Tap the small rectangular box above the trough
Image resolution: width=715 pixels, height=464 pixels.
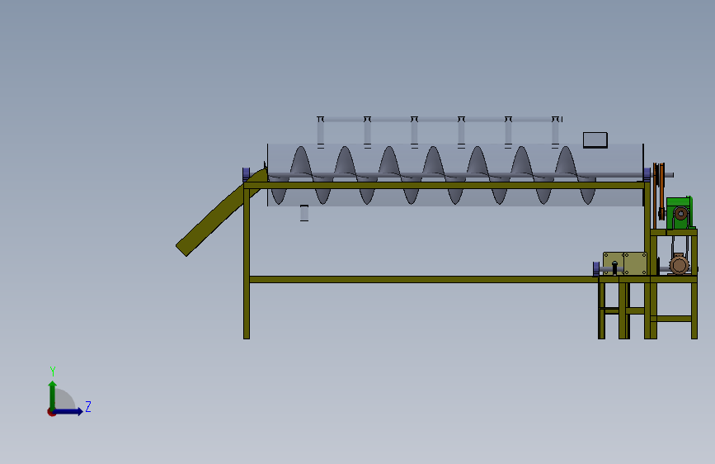click(595, 140)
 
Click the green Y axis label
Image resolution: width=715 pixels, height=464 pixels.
click(52, 372)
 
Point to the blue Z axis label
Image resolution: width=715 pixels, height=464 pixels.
click(88, 406)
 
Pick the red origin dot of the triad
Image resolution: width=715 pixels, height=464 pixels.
click(52, 411)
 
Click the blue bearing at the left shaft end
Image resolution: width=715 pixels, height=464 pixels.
click(246, 173)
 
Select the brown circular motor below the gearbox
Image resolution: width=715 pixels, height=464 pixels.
click(679, 264)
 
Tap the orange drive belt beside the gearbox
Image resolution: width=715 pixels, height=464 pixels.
click(659, 194)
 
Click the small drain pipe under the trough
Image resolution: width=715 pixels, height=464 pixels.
click(303, 213)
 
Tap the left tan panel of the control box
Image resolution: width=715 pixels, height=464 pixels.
click(613, 263)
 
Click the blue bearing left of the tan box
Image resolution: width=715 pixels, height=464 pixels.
click(595, 268)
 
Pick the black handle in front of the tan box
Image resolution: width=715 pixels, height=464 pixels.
click(614, 267)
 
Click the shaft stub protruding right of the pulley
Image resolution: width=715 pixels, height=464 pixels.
click(670, 174)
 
